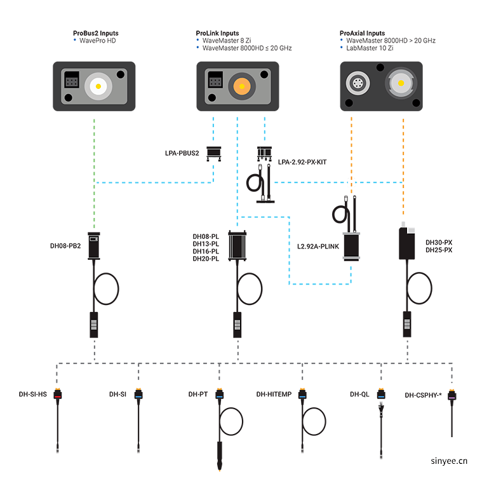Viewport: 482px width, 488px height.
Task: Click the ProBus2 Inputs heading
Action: click(95, 33)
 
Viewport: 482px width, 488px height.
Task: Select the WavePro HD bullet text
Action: click(98, 41)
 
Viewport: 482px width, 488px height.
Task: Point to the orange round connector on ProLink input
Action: click(242, 85)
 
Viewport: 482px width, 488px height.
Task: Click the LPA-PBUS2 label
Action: click(182, 153)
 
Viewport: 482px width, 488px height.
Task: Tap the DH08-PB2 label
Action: click(65, 245)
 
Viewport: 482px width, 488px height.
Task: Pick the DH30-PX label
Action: click(438, 242)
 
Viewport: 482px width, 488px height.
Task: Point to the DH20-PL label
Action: click(206, 259)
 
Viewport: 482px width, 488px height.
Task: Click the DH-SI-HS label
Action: click(33, 395)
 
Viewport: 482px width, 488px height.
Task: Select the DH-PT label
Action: click(198, 395)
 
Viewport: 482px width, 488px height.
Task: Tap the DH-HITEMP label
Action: click(274, 395)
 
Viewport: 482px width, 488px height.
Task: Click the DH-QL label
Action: click(359, 395)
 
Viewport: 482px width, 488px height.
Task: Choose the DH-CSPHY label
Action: click(423, 395)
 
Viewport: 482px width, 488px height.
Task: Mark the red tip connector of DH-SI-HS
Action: click(58, 395)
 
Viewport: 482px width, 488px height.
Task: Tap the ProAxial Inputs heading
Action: click(363, 33)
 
